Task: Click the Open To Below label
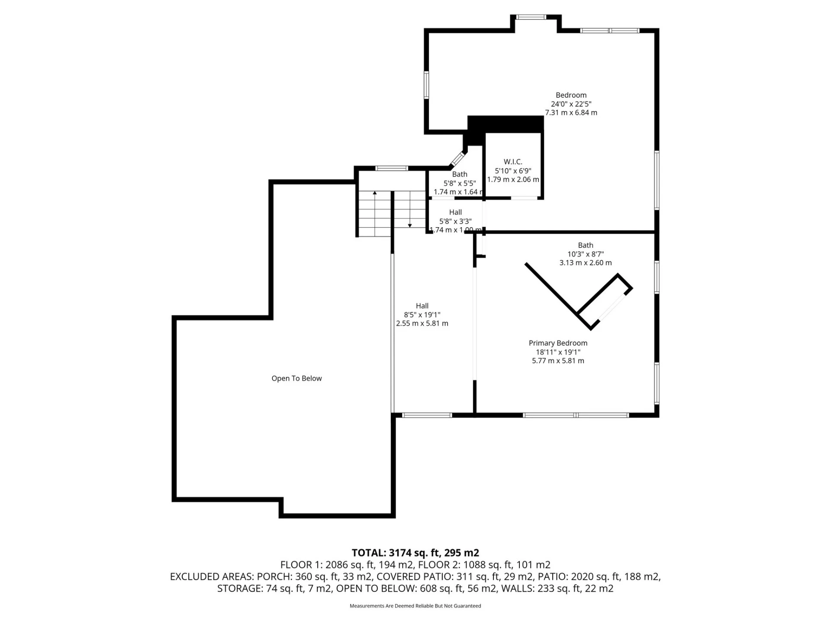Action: click(x=296, y=379)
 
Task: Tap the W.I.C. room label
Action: click(x=513, y=162)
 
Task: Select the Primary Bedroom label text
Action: click(x=558, y=343)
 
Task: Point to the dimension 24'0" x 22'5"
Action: click(x=571, y=104)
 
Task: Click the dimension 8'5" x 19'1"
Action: click(x=422, y=315)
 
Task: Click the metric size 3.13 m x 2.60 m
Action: click(x=586, y=263)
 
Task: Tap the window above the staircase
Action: click(x=391, y=168)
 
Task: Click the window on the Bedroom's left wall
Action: click(x=426, y=85)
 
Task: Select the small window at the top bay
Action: click(x=531, y=17)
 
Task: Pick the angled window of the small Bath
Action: click(x=457, y=159)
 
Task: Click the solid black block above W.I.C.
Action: click(x=506, y=124)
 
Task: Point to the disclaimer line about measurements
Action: click(x=415, y=606)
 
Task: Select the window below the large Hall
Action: click(x=427, y=415)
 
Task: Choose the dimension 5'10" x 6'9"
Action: click(x=513, y=171)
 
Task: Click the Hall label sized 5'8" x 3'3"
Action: click(x=455, y=212)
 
